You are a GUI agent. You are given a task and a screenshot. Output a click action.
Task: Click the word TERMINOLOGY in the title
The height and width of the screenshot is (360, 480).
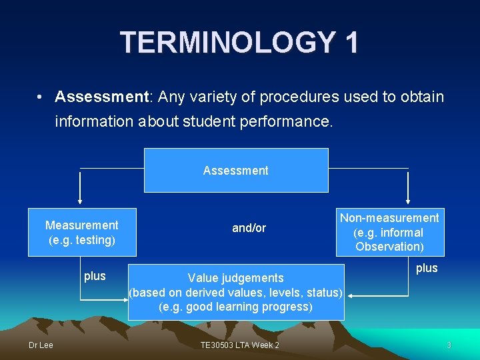click(227, 43)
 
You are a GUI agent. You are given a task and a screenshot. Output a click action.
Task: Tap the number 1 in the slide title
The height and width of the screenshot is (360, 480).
click(351, 43)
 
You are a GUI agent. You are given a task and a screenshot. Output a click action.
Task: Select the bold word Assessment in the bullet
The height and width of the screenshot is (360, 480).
click(103, 97)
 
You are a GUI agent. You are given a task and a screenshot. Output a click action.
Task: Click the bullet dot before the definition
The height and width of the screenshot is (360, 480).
click(41, 97)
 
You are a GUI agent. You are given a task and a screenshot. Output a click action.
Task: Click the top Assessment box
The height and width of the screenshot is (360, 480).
click(236, 170)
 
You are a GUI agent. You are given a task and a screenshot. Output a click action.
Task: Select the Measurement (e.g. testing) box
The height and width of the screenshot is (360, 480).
click(82, 232)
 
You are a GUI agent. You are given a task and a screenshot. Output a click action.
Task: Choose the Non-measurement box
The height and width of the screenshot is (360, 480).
click(389, 232)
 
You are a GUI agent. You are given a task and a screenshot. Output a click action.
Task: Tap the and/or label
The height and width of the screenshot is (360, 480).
click(249, 228)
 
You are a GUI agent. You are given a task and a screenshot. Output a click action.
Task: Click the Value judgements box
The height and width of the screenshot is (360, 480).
click(236, 292)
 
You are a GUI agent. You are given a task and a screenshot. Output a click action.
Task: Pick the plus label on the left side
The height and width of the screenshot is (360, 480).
click(95, 276)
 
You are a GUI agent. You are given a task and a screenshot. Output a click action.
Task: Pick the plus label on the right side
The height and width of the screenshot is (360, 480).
click(427, 268)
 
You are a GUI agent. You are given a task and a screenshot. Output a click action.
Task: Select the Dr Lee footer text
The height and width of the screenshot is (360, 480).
click(41, 345)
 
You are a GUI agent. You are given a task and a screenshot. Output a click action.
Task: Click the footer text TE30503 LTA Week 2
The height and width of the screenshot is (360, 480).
click(240, 345)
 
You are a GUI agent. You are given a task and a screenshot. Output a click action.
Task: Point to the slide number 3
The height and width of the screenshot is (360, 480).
click(449, 345)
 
